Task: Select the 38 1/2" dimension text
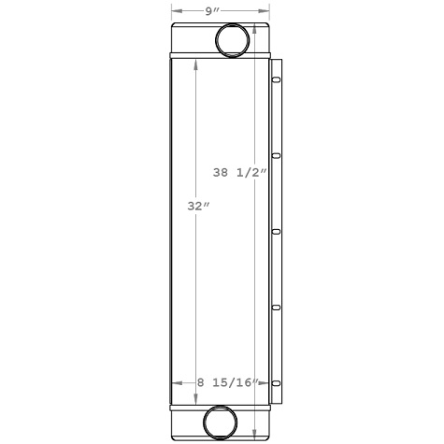(x=240, y=172)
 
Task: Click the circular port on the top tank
(x=233, y=40)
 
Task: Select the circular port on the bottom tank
(x=222, y=423)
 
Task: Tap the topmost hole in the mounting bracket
(x=276, y=81)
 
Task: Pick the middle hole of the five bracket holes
(x=276, y=231)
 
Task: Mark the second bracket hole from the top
(x=276, y=156)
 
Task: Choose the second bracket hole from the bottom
(x=276, y=306)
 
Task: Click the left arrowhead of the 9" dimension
(x=174, y=11)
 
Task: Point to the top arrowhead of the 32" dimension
(x=195, y=64)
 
